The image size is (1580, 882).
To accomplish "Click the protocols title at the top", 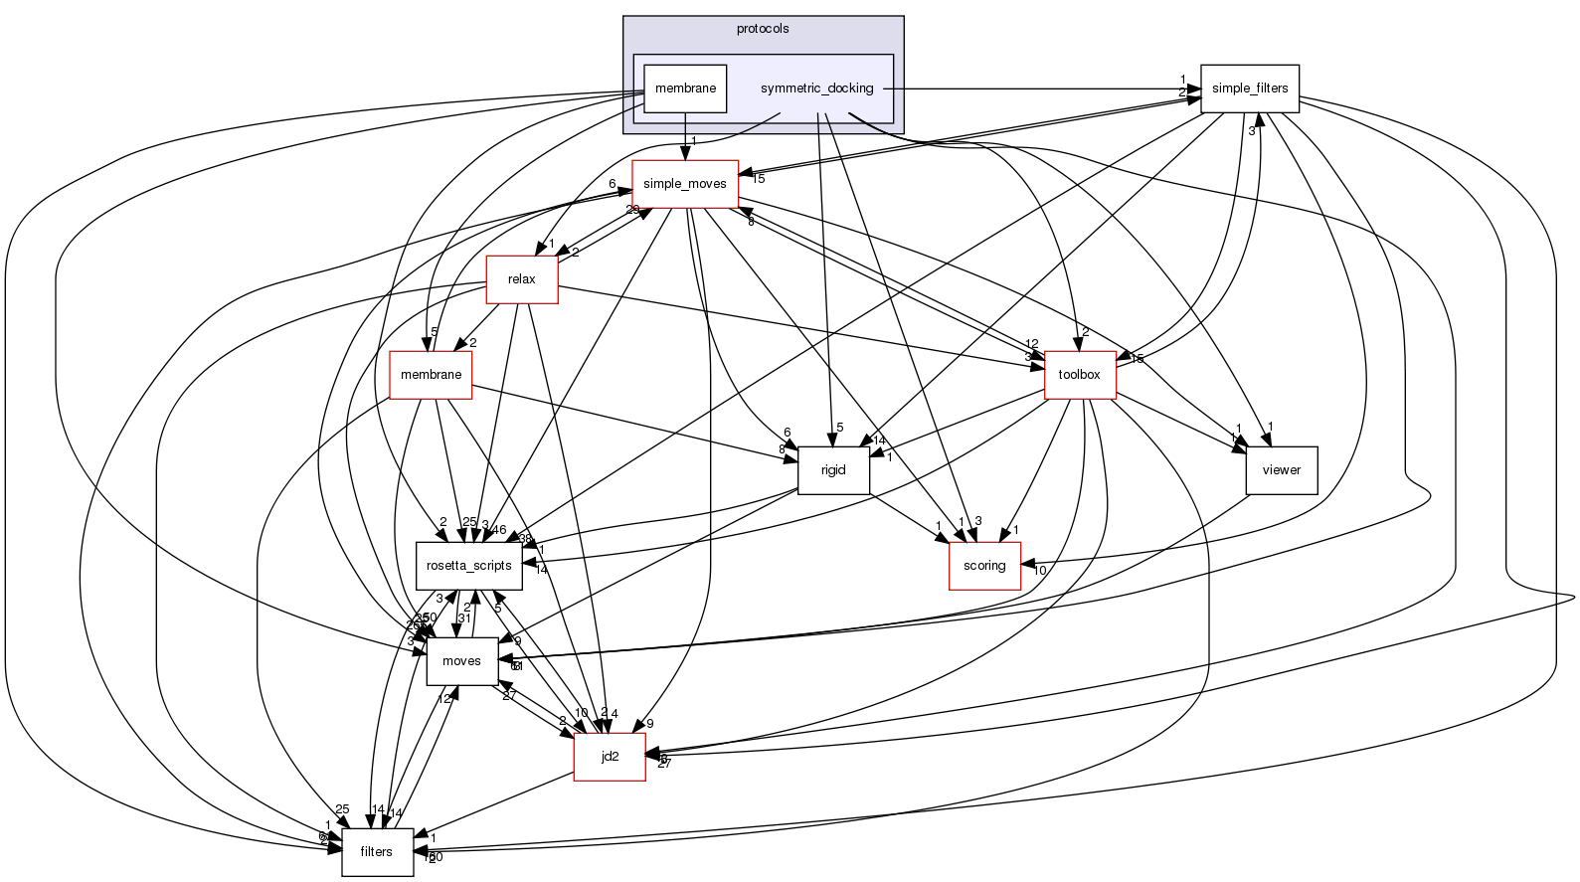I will [x=763, y=29].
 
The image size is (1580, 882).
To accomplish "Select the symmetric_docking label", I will [x=816, y=88].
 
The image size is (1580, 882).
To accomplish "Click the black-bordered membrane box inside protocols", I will [x=685, y=88].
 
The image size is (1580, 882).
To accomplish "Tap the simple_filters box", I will [x=1249, y=88].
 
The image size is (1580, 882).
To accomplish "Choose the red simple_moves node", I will [x=685, y=184].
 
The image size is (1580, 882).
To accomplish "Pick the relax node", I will [x=521, y=279].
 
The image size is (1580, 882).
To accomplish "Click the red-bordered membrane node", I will [x=431, y=375].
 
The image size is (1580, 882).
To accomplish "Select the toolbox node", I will [x=1080, y=375].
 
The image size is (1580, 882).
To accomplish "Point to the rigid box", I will [x=833, y=470].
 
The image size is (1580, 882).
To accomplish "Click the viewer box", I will [x=1281, y=470].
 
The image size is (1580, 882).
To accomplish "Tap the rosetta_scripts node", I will [x=468, y=566].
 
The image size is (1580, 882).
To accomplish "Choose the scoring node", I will [x=984, y=566].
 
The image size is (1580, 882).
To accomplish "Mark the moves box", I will [x=461, y=661].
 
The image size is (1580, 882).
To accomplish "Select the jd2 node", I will [x=610, y=757].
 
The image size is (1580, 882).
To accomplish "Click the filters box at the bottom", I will [x=377, y=852].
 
